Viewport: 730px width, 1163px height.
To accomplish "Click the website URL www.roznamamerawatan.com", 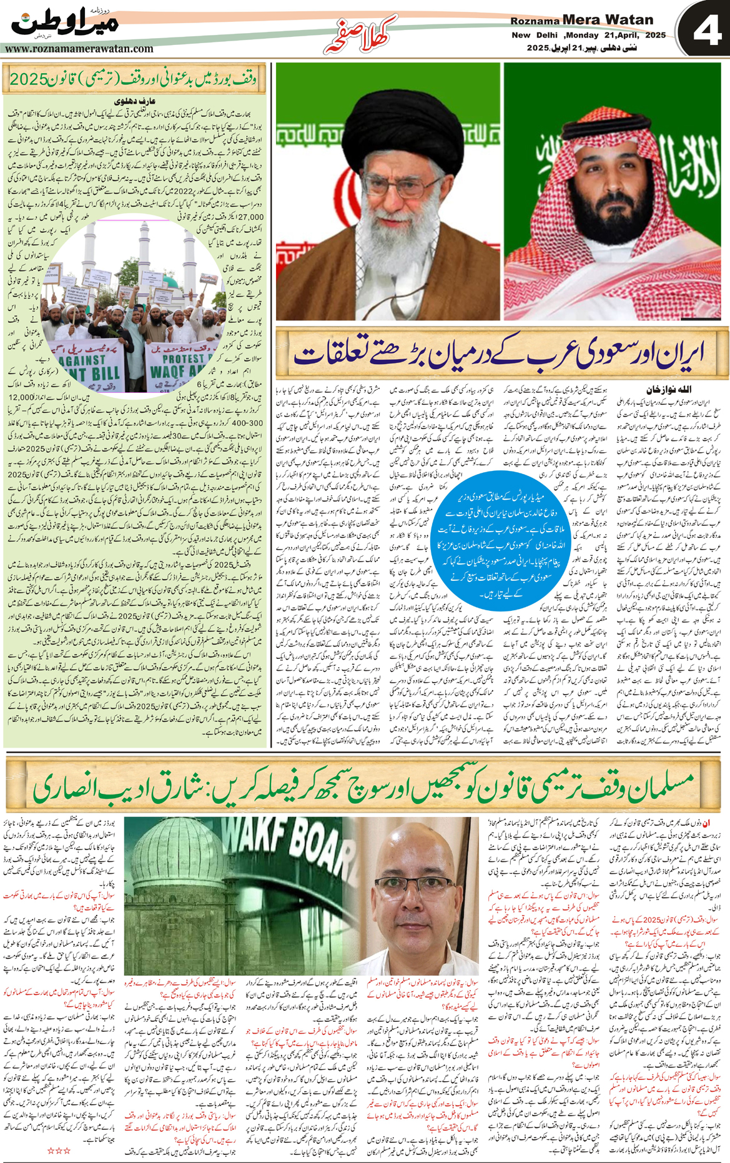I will [x=79, y=49].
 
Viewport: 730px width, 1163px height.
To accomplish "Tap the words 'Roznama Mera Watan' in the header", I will [x=581, y=20].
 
